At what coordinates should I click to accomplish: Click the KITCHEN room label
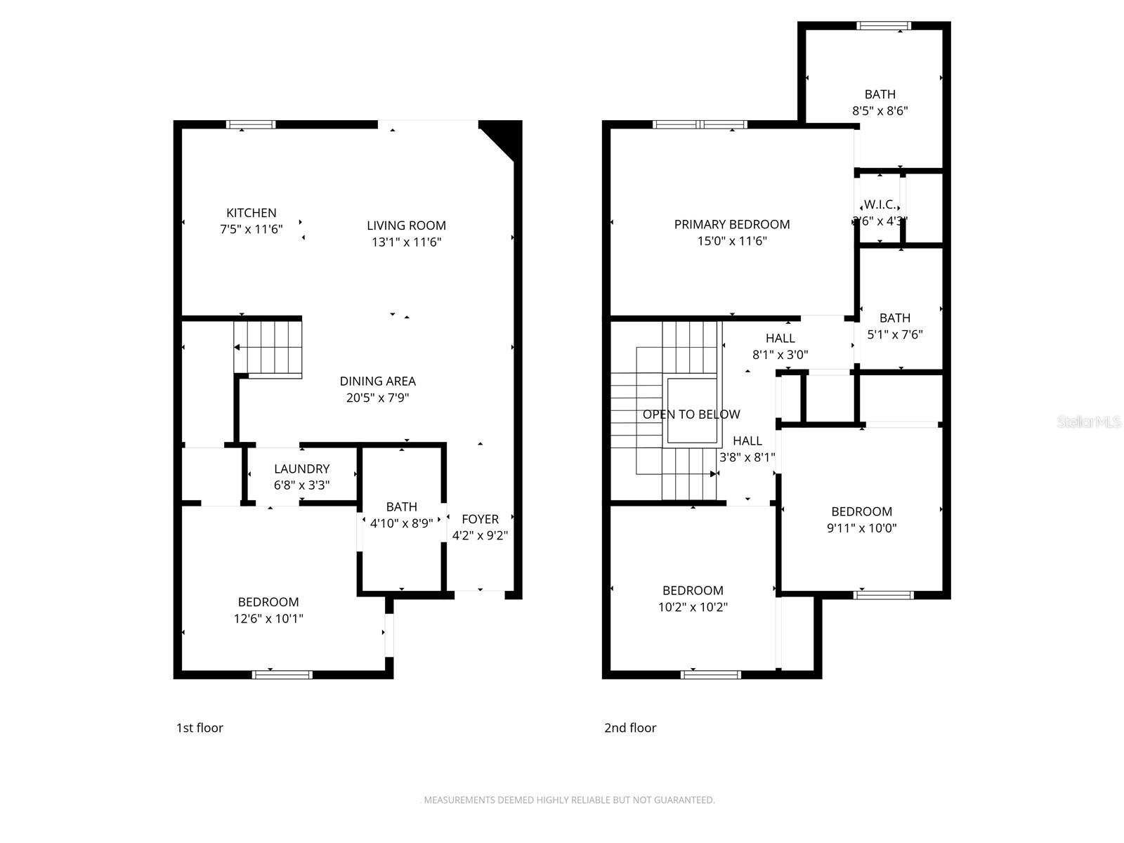click(x=251, y=213)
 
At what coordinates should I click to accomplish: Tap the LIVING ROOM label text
click(x=406, y=226)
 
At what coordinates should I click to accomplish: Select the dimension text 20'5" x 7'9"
click(x=377, y=398)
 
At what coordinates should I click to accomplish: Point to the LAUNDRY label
click(x=301, y=469)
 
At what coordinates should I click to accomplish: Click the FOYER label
click(x=480, y=519)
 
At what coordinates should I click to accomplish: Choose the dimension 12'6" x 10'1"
click(x=268, y=619)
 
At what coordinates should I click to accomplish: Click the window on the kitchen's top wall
click(x=251, y=125)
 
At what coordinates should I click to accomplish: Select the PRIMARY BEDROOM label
click(x=731, y=225)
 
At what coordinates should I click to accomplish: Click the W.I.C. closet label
click(x=880, y=204)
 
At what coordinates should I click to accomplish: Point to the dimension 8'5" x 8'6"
click(x=880, y=111)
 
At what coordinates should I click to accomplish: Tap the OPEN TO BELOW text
click(x=691, y=414)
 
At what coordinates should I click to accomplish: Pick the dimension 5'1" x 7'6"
click(x=894, y=335)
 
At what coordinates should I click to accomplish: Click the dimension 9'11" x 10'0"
click(x=861, y=528)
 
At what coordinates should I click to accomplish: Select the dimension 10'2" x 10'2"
click(x=693, y=608)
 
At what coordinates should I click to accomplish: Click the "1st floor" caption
click(x=200, y=728)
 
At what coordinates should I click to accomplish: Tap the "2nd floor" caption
click(x=630, y=728)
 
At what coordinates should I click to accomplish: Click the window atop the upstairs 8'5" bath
click(x=883, y=26)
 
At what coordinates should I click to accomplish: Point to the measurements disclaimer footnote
click(x=568, y=799)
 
